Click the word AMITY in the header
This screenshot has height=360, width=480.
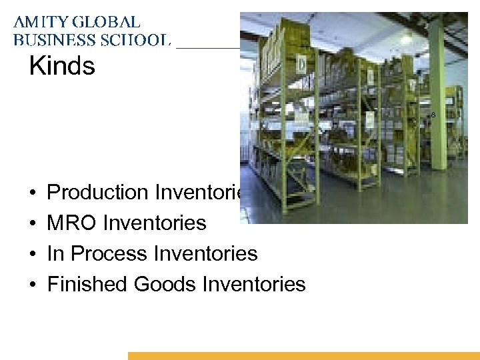coord(41,23)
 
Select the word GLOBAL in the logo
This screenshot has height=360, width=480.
coord(107,23)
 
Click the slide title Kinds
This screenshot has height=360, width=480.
coord(62,66)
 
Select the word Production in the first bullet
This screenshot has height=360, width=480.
coord(98,192)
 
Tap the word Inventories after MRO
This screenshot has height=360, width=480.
coord(155,223)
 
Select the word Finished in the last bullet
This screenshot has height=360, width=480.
coord(87,284)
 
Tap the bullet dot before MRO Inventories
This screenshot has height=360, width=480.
coord(33,223)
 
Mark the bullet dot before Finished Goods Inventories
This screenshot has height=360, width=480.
coord(33,285)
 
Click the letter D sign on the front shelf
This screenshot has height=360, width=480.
coord(302,65)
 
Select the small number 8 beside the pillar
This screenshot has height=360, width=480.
coord(433,115)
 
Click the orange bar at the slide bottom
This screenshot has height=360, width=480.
coord(303,356)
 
